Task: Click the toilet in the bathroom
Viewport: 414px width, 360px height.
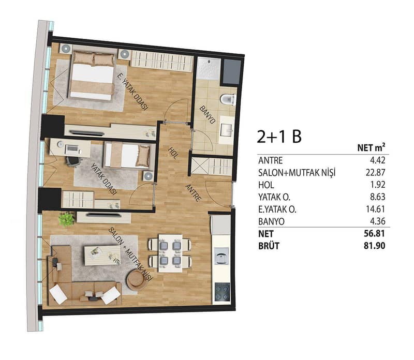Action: tap(228, 99)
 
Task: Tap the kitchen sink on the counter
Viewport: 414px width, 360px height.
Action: tap(221, 256)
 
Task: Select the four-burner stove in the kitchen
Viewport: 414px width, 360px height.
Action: tap(222, 292)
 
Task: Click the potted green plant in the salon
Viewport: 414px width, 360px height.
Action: tap(66, 219)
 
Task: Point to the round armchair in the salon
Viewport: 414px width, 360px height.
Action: tap(137, 280)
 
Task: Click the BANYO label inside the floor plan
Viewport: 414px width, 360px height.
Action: tap(208, 114)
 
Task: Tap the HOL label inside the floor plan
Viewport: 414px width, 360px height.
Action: tap(173, 153)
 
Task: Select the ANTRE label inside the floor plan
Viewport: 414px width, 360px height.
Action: tap(194, 193)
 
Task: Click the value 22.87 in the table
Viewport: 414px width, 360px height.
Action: tap(375, 173)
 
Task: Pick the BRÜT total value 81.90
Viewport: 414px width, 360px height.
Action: tap(374, 246)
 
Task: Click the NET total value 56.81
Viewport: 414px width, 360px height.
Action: tap(374, 233)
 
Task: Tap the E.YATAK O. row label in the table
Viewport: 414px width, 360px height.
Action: tap(277, 209)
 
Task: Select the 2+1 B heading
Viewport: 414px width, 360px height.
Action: tap(279, 137)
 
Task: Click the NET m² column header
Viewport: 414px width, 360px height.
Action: tap(371, 147)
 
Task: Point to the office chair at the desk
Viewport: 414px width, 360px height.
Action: tap(72, 161)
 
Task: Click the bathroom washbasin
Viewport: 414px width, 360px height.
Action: tap(227, 130)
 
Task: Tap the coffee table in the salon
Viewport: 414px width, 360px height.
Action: tap(102, 256)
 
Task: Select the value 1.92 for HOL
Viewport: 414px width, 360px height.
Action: tap(378, 185)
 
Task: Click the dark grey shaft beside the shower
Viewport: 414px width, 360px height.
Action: tap(232, 71)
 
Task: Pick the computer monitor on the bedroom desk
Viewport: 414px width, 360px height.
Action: tap(72, 149)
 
